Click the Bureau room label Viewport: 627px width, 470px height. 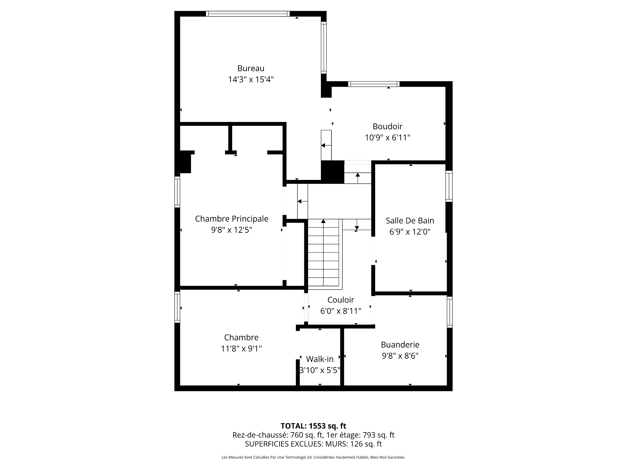click(x=250, y=68)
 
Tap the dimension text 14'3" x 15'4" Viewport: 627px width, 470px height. click(x=250, y=79)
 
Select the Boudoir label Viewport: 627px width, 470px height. click(x=387, y=126)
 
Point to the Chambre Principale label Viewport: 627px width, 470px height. click(x=232, y=219)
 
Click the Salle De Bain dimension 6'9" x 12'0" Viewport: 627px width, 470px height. click(x=410, y=232)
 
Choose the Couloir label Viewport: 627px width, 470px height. click(x=341, y=300)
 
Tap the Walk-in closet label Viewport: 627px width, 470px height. click(x=320, y=359)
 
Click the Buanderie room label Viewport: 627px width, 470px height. click(x=400, y=344)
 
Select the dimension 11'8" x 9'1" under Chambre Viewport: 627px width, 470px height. click(x=241, y=349)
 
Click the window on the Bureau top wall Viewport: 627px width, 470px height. click(x=248, y=14)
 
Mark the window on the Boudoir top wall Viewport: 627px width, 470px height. click(x=374, y=84)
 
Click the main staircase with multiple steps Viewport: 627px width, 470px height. click(x=324, y=255)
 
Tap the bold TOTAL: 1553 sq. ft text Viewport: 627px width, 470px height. click(x=313, y=426)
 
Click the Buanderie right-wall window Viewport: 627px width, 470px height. click(x=449, y=312)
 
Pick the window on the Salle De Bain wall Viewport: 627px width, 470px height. click(x=449, y=186)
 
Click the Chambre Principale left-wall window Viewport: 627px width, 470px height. click(x=177, y=192)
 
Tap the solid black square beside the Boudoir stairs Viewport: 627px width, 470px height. click(x=333, y=172)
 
